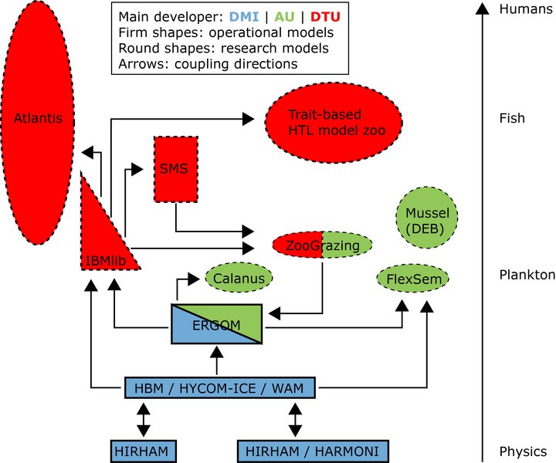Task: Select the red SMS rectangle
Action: coord(175,169)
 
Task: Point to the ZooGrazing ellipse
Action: coord(323,246)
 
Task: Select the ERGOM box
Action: coord(217,324)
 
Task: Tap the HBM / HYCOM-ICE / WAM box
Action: coord(219,387)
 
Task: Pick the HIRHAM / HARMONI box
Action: coord(312,451)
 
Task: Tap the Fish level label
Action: coord(512,118)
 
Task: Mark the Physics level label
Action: coord(523,451)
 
